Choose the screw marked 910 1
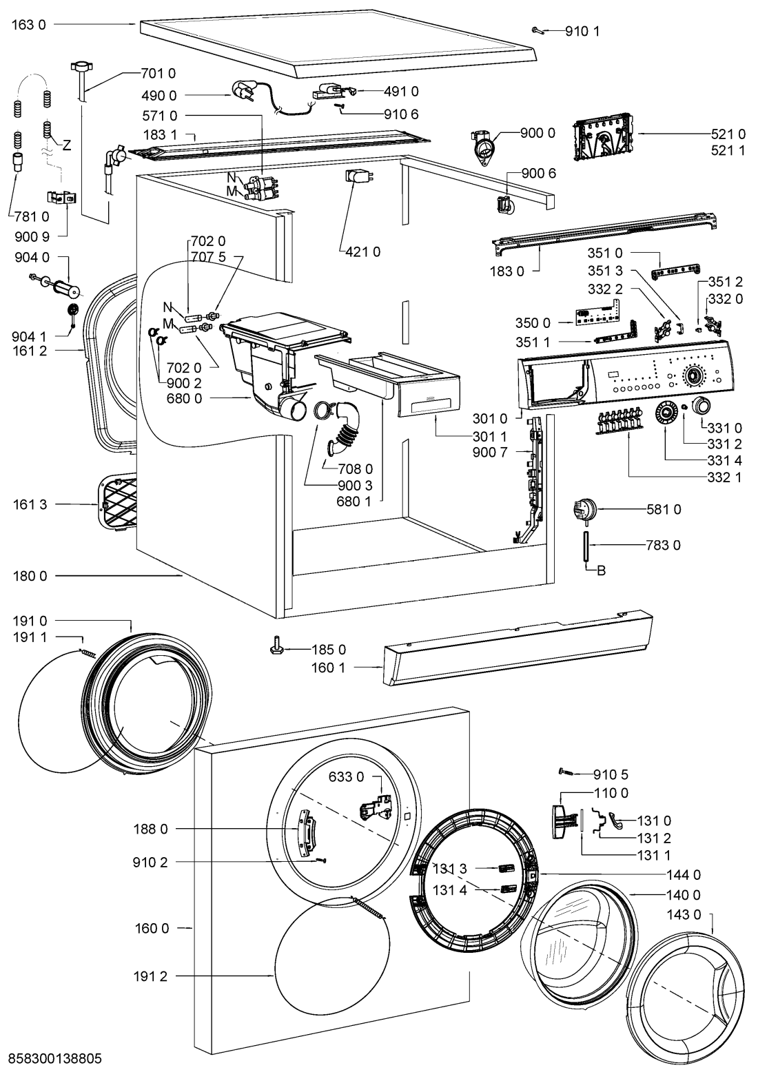pyautogui.click(x=537, y=30)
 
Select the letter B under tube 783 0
pyautogui.click(x=601, y=570)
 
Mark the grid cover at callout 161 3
pyautogui.click(x=114, y=503)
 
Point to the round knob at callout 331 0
pyautogui.click(x=701, y=405)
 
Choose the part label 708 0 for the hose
pyautogui.click(x=356, y=469)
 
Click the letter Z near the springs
pyautogui.click(x=67, y=145)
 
